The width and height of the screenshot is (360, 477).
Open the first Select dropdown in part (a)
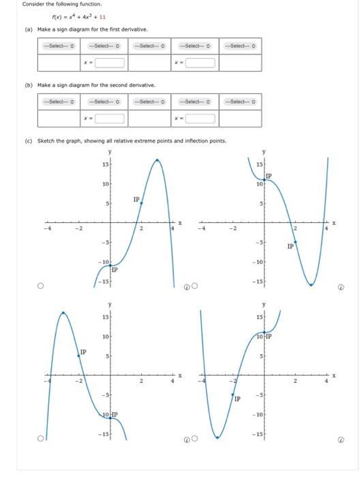[x=59, y=46]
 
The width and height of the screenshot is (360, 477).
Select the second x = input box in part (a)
[x=201, y=63]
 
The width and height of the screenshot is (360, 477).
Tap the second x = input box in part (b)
[x=201, y=119]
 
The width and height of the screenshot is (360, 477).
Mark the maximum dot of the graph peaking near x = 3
[x=157, y=160]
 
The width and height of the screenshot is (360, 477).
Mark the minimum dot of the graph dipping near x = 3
[x=311, y=285]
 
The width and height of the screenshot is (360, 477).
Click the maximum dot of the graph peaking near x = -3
[x=63, y=313]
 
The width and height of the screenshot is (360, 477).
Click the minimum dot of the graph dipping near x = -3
[x=217, y=437]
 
